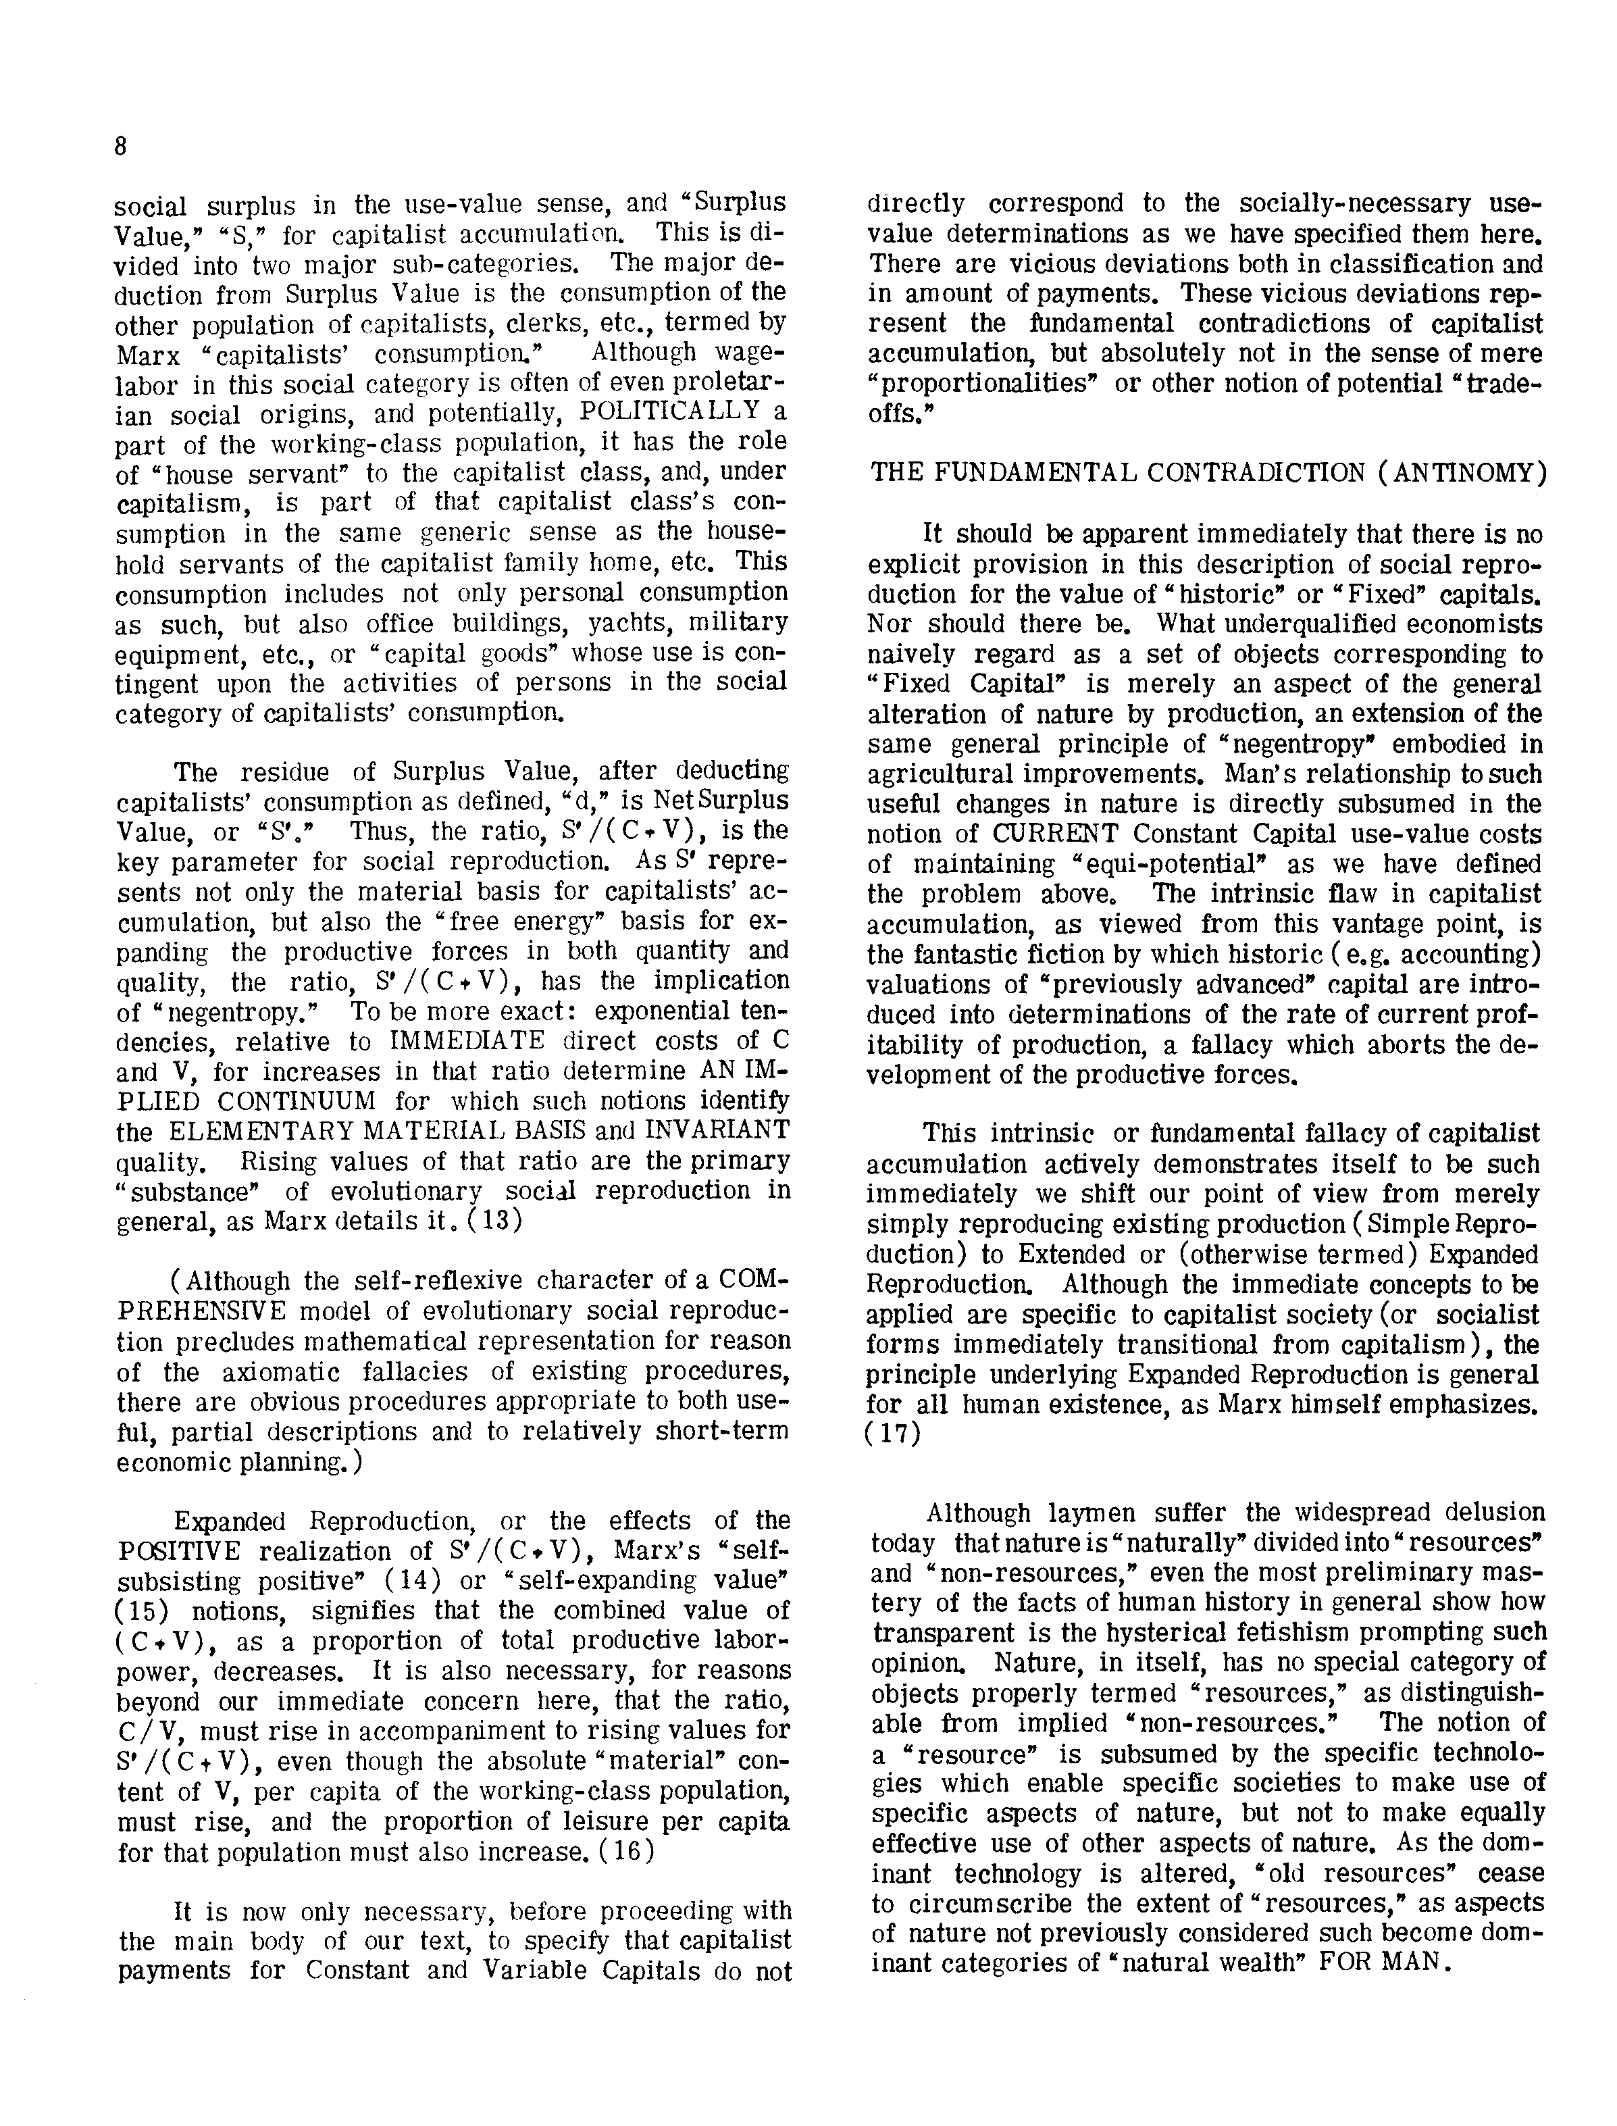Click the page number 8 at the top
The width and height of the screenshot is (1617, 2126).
120,147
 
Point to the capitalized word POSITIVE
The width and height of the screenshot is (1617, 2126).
179,1551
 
